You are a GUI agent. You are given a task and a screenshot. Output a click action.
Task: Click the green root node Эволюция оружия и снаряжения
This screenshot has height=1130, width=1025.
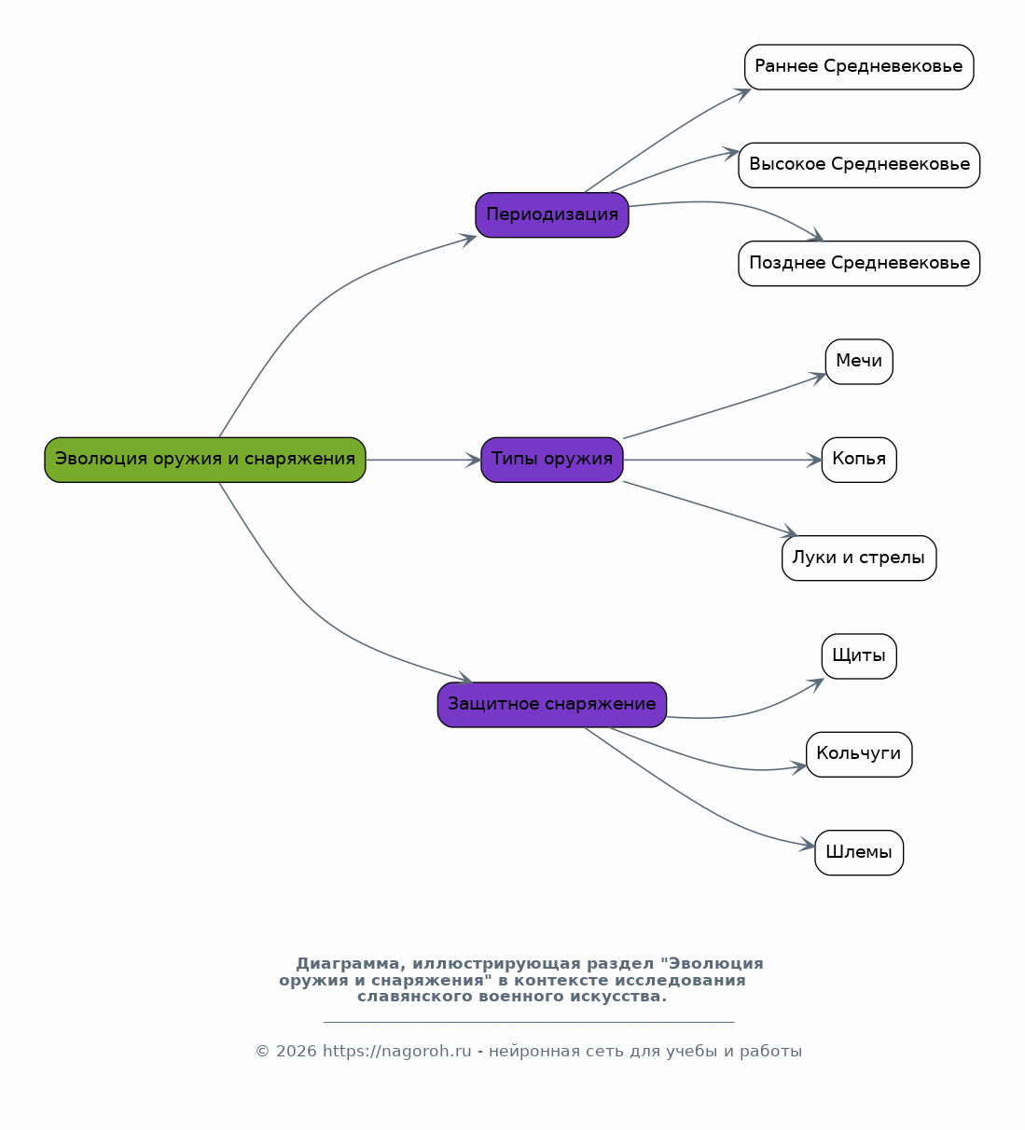(x=205, y=460)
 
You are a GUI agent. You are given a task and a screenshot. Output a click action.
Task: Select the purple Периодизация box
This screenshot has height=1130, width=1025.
(x=551, y=214)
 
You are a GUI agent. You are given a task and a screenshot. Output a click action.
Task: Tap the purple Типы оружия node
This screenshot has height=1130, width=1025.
(x=551, y=460)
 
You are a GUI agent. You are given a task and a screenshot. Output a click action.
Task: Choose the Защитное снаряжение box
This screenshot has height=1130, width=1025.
(x=551, y=705)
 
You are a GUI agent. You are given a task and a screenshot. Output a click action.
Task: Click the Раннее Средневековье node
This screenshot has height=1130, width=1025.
(x=859, y=67)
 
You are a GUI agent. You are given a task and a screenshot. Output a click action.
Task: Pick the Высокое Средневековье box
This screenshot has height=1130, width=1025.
(x=859, y=165)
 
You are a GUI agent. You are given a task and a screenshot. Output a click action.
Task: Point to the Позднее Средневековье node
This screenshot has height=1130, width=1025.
(x=859, y=264)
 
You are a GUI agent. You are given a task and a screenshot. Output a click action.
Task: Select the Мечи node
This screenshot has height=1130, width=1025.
(x=859, y=362)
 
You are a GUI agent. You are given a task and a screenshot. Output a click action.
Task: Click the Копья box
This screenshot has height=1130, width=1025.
(x=859, y=460)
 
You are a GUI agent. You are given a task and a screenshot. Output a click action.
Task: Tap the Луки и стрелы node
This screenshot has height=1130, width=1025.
(x=859, y=558)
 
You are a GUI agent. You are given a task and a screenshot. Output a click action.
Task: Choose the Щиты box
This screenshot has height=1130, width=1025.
(x=859, y=656)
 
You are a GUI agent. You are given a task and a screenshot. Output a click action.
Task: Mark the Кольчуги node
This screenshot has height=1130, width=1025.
(x=859, y=754)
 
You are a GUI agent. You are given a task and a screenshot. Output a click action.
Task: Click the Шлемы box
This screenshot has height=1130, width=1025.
(x=859, y=852)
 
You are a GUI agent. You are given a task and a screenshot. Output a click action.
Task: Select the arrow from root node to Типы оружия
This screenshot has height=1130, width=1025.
(x=423, y=460)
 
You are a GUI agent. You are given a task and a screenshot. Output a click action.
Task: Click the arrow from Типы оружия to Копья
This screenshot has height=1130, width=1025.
(x=723, y=460)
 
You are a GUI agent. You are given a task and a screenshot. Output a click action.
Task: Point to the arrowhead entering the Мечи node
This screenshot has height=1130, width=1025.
(x=818, y=377)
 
